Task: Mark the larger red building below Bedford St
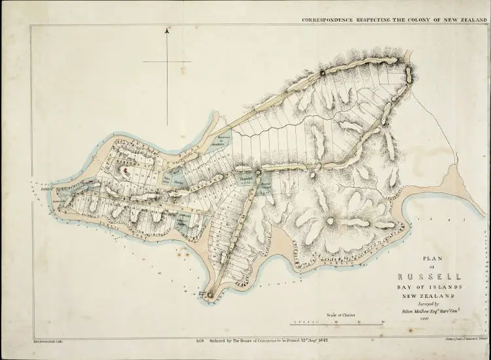[x=123, y=170]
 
